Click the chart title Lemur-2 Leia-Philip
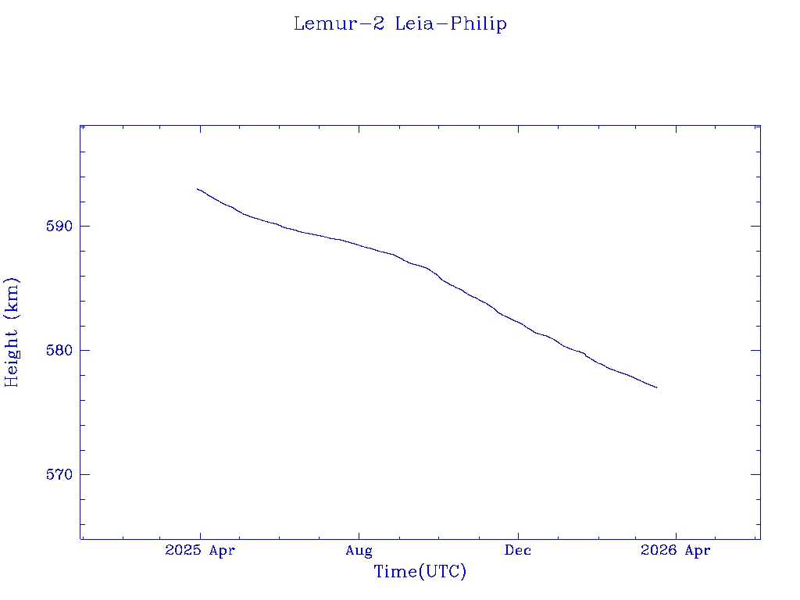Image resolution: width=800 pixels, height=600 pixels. (400, 23)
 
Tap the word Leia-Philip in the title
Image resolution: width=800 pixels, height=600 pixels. (451, 23)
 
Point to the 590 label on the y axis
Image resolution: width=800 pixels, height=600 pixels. (61, 227)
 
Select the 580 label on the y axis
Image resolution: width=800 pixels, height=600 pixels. (61, 351)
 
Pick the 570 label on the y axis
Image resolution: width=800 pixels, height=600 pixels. (61, 475)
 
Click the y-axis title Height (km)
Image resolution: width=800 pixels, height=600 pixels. (12, 332)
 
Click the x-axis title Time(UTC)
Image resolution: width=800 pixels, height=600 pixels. (420, 572)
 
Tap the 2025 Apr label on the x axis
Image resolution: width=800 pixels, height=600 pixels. (200, 551)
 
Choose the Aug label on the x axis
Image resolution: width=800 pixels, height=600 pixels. (359, 551)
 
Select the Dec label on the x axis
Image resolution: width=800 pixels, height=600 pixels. (518, 551)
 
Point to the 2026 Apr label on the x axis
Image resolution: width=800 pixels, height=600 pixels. (676, 551)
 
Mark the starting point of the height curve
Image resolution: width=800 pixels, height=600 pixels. (198, 189)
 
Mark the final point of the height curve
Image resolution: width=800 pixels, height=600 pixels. (656, 387)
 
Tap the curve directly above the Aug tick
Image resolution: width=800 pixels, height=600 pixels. (359, 245)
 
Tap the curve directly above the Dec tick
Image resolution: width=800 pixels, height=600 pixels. (518, 322)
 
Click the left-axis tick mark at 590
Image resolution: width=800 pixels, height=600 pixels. (84, 226)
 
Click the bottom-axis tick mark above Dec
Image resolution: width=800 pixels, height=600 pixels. (518, 535)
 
